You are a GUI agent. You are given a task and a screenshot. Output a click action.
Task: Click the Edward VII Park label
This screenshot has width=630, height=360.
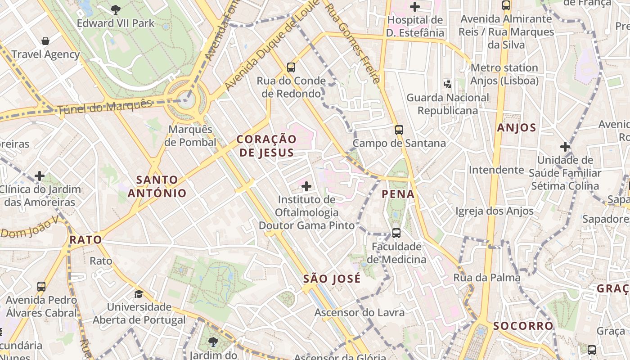coord(116,23)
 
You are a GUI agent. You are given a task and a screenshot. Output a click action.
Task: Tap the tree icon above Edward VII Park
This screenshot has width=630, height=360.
coord(116,9)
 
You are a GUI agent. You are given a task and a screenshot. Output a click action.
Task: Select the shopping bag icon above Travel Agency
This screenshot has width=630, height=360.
coord(45,41)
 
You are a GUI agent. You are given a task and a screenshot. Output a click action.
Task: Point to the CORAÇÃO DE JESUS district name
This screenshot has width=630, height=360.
coord(266,146)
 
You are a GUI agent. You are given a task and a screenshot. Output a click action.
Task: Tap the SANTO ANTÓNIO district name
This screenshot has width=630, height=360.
coord(157,186)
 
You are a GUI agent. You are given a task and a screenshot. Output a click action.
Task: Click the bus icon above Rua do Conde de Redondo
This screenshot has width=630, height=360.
coord(291,67)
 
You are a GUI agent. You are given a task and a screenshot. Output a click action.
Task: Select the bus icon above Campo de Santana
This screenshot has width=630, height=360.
coord(399,130)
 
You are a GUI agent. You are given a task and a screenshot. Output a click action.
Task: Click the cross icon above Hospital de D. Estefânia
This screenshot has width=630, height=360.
coord(415,7)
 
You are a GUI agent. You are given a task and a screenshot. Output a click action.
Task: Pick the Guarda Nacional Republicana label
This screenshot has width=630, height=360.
coord(448,104)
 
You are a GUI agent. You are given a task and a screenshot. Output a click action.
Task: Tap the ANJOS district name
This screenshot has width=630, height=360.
coord(517,128)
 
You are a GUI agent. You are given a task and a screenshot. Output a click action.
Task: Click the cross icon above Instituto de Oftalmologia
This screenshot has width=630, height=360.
coord(306,186)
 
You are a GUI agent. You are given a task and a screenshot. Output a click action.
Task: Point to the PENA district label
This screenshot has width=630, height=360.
coord(398,194)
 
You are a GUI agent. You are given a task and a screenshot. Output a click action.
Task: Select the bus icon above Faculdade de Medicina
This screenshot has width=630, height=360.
coord(396,233)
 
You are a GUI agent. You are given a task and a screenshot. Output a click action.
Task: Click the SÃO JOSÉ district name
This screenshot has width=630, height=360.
coord(332,279)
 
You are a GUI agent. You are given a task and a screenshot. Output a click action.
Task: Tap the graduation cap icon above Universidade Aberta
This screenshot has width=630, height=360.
coord(139,294)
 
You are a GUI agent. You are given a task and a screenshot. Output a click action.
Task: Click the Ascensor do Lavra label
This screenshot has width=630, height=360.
coord(360,312)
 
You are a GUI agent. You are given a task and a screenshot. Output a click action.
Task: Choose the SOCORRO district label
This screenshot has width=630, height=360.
coord(523,326)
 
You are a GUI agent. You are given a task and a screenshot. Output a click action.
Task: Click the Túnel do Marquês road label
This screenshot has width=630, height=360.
coord(104,106)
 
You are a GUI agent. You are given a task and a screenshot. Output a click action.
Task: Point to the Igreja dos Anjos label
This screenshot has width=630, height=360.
coord(495,211)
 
